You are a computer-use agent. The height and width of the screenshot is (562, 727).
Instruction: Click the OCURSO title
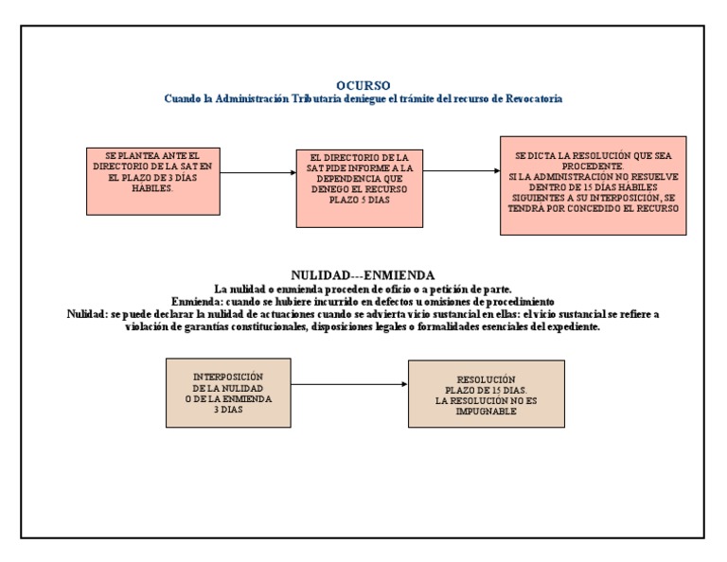pyautogui.click(x=363, y=85)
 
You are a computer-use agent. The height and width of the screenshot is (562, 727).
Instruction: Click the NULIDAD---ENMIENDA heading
pyautogui.click(x=363, y=274)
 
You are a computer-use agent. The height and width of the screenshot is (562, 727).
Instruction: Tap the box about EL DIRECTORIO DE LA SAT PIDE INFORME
pyautogui.click(x=359, y=188)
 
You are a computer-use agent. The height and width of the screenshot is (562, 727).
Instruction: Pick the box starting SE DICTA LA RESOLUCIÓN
pyautogui.click(x=593, y=185)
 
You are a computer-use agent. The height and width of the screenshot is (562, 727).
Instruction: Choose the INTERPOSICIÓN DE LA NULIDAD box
pyautogui.click(x=226, y=395)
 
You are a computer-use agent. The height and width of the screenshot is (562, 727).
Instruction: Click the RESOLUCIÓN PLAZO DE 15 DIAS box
pyautogui.click(x=486, y=394)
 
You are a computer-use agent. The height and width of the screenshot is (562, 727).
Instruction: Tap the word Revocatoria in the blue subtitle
pyautogui.click(x=530, y=98)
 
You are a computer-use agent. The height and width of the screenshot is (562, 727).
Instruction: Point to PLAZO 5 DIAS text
pyautogui.click(x=360, y=201)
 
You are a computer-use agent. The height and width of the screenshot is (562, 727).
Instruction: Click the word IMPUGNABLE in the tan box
pyautogui.click(x=486, y=412)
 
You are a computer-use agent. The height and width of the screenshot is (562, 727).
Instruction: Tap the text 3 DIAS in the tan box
pyautogui.click(x=226, y=410)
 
